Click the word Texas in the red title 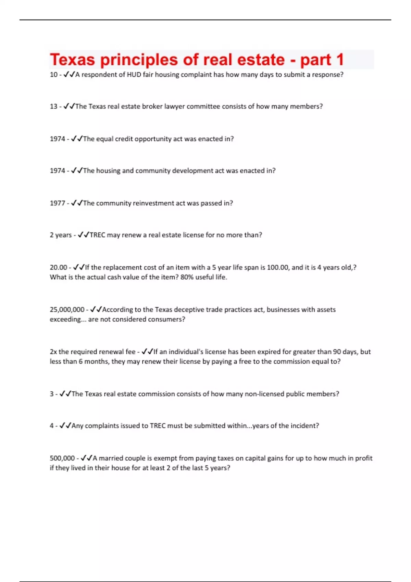72,60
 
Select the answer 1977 57,203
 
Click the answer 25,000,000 67,309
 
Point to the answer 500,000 62,458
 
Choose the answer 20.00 58,267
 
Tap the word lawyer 174,106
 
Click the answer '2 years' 61,235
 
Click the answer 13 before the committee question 53,106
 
